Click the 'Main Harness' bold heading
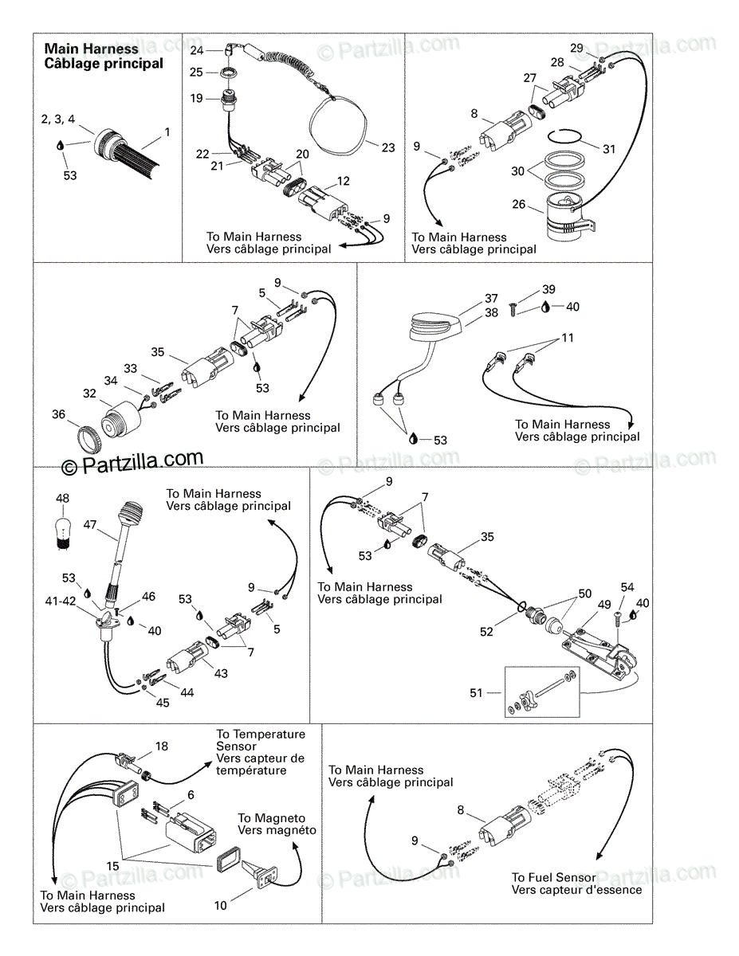pos(91,49)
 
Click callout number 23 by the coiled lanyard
pos(388,147)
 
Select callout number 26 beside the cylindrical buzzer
pos(518,205)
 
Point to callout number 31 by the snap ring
pos(609,148)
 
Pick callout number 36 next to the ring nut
pos(58,413)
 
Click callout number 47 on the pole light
pos(90,525)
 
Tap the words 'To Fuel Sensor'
pos(553,877)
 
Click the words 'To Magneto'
pos(271,818)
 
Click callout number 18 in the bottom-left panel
pos(162,746)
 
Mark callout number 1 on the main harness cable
pos(167,131)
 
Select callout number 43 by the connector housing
pos(220,673)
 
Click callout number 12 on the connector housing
pos(342,182)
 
